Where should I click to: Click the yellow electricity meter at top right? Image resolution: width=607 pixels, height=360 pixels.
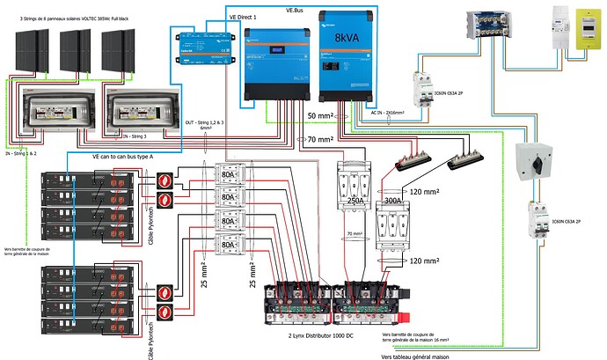pyautogui.click(x=585, y=33)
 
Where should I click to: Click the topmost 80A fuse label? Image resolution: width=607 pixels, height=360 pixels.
pyautogui.click(x=230, y=174)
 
